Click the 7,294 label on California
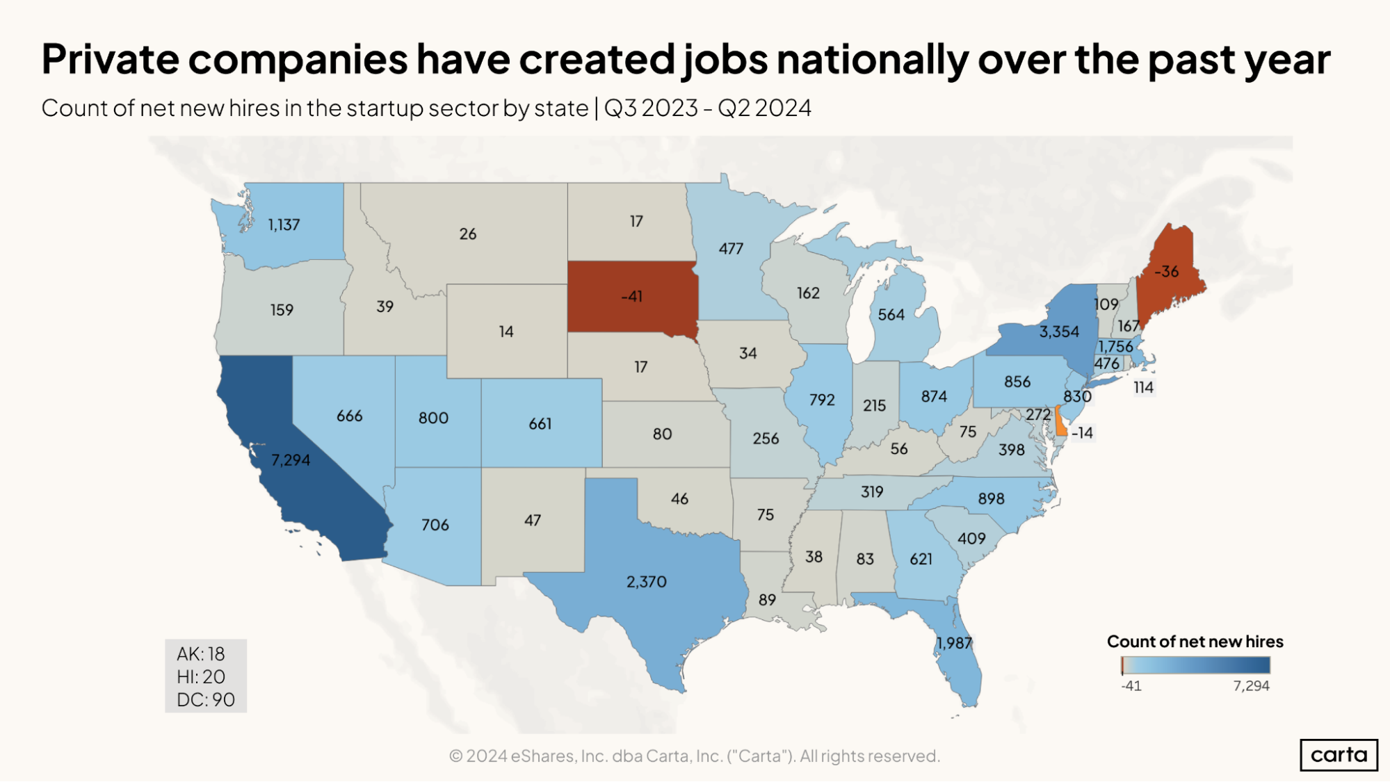pyautogui.click(x=291, y=460)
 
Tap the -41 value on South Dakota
pyautogui.click(x=631, y=297)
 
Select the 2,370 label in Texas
pyautogui.click(x=646, y=582)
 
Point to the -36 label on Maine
pyautogui.click(x=1166, y=272)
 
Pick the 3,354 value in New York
pyautogui.click(x=1058, y=332)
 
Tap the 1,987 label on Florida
pyautogui.click(x=953, y=643)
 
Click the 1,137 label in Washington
pyautogui.click(x=284, y=225)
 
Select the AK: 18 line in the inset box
pyautogui.click(x=200, y=654)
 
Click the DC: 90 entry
pyautogui.click(x=206, y=700)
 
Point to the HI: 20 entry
pyautogui.click(x=201, y=677)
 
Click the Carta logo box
pyautogui.click(x=1339, y=755)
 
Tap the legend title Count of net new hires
pyautogui.click(x=1195, y=642)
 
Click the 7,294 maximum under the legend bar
pyautogui.click(x=1251, y=686)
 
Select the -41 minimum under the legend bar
pyautogui.click(x=1131, y=686)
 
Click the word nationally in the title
pyautogui.click(x=872, y=60)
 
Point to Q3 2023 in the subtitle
pyautogui.click(x=651, y=108)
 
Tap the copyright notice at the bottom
pyautogui.click(x=694, y=756)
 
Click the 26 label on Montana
pyautogui.click(x=467, y=234)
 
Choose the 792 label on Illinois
pyautogui.click(x=821, y=400)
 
